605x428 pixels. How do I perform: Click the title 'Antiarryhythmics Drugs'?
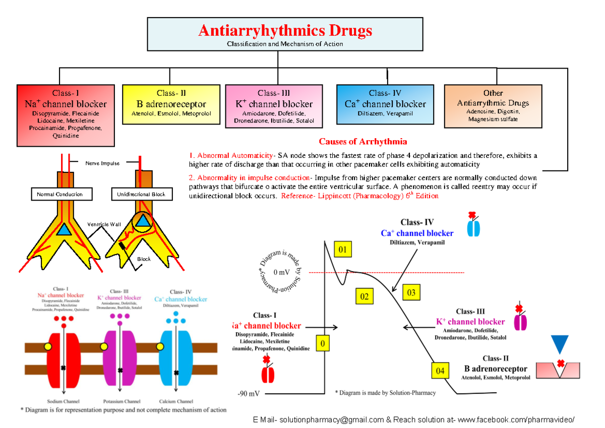pyautogui.click(x=285, y=31)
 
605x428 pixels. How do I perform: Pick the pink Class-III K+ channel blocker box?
pyautogui.click(x=274, y=106)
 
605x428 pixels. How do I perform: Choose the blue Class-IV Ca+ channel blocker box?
pyautogui.click(x=385, y=104)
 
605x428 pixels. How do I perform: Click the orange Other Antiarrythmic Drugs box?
pyautogui.click(x=493, y=106)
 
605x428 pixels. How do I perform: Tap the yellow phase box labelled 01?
pyautogui.click(x=342, y=249)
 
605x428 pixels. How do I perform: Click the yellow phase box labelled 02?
pyautogui.click(x=364, y=296)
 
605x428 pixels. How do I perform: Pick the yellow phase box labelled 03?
pyautogui.click(x=411, y=292)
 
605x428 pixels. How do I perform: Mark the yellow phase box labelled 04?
pyautogui.click(x=440, y=371)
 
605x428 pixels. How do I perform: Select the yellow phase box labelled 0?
pyautogui.click(x=322, y=344)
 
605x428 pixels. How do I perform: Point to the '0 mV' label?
pyautogui.click(x=281, y=273)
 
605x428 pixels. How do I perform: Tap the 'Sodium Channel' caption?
pyautogui.click(x=63, y=401)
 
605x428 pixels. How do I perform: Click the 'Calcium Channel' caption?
pyautogui.click(x=176, y=401)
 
